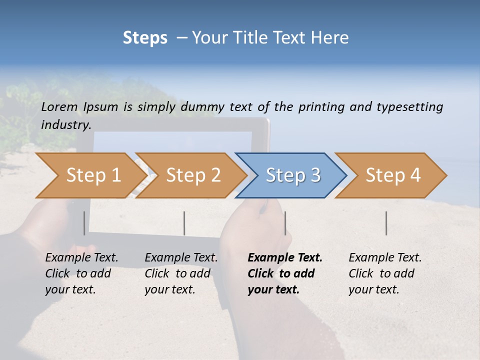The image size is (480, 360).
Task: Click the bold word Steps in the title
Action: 145,38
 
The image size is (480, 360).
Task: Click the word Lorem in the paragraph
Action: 59,106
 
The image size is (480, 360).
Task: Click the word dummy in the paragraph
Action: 202,106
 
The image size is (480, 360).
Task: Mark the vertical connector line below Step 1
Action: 84,223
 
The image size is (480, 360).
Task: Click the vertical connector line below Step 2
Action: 184,223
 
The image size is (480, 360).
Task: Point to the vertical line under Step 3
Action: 285,223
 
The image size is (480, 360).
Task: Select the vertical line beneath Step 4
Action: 386,223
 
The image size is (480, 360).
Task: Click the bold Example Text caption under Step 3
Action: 284,273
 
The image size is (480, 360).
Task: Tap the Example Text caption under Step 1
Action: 81,273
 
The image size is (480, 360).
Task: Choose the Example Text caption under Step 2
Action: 180,273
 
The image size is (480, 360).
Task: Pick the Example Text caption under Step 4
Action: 384,273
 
